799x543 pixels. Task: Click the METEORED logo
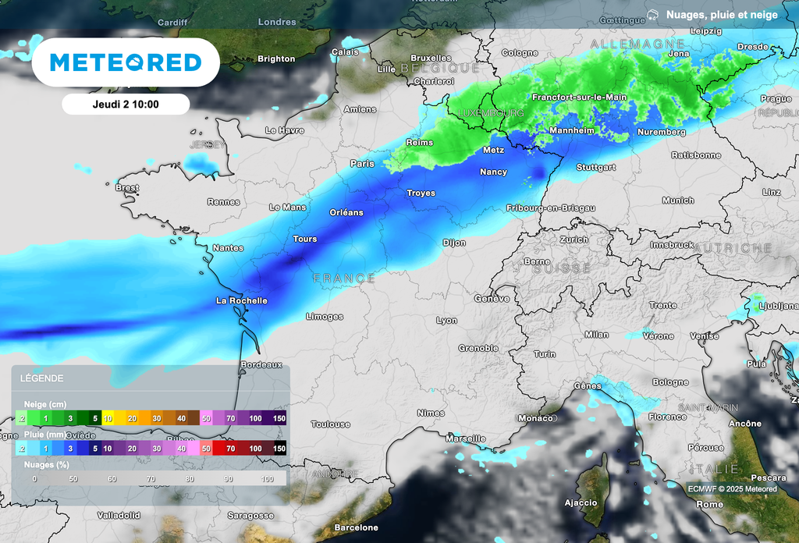(x=126, y=62)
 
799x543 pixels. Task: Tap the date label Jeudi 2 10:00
(x=126, y=104)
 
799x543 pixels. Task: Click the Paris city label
(x=362, y=164)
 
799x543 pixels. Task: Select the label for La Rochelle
(x=242, y=300)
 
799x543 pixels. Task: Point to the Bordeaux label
(x=261, y=364)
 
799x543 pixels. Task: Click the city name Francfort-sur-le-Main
(x=579, y=98)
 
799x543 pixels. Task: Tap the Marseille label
(x=466, y=438)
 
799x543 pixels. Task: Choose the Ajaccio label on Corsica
(x=581, y=502)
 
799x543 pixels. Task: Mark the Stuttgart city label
(x=596, y=168)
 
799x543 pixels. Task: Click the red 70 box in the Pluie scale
(x=230, y=449)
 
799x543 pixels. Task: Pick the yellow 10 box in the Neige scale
(x=109, y=419)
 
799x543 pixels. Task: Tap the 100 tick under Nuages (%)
(x=268, y=478)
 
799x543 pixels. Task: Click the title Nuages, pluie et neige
(x=722, y=15)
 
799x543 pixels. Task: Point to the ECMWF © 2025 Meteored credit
(x=732, y=489)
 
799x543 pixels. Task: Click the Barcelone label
(x=356, y=528)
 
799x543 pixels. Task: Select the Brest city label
(x=127, y=188)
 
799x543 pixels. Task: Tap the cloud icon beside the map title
(x=652, y=15)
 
